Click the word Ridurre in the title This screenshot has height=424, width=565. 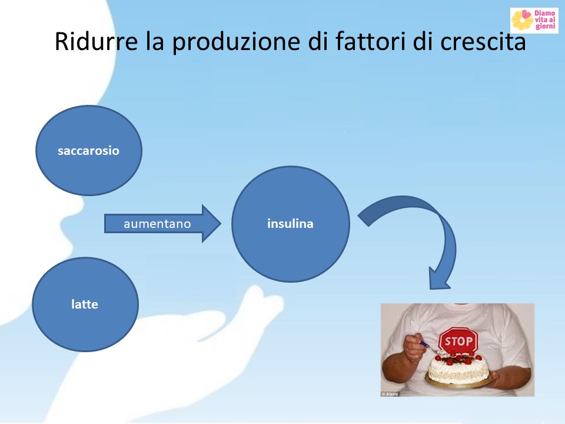tap(96, 41)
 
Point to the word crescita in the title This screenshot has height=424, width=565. tap(483, 41)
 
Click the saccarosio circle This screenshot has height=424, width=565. tap(89, 150)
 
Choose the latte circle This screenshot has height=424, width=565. tap(85, 304)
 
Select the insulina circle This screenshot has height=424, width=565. tap(290, 224)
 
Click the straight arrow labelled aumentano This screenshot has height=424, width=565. tap(162, 224)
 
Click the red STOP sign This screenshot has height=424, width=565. tap(458, 340)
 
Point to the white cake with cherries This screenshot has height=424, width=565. tap(458, 367)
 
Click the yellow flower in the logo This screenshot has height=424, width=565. tap(522, 20)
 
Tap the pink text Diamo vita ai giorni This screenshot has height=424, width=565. tap(545, 20)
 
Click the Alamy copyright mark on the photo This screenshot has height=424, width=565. tap(390, 394)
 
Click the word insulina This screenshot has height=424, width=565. tap(290, 224)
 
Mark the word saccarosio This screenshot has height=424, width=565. tap(89, 151)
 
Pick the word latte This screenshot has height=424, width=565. tap(85, 304)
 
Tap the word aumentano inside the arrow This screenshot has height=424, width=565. tap(157, 224)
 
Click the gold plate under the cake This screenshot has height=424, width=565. tap(458, 382)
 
